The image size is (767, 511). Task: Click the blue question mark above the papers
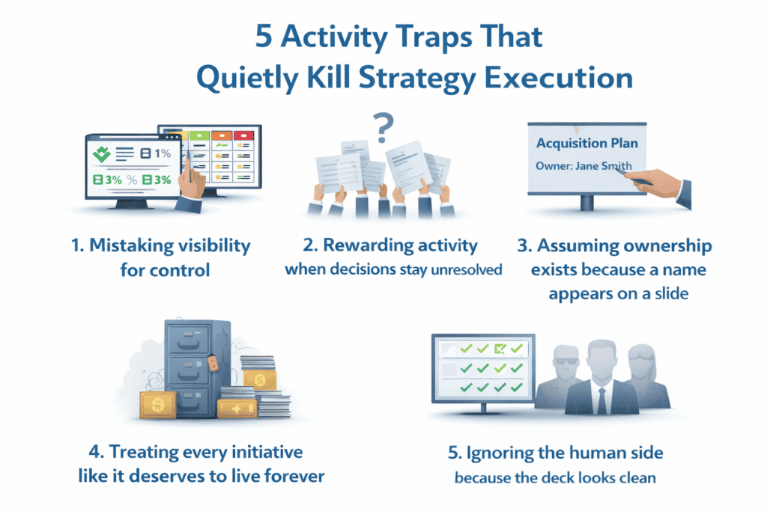click(383, 129)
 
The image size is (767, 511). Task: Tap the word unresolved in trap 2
click(465, 269)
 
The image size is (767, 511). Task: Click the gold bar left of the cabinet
click(157, 405)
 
